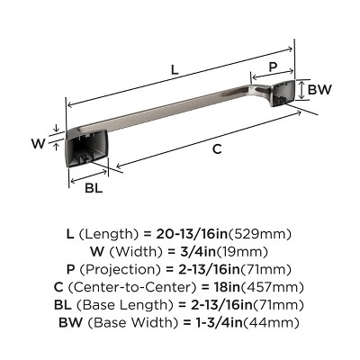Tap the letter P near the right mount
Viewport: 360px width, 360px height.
(x=271, y=67)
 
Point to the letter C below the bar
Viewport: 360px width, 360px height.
(x=216, y=150)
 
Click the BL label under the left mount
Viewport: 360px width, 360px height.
(x=93, y=189)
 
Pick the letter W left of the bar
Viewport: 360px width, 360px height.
(x=39, y=141)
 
